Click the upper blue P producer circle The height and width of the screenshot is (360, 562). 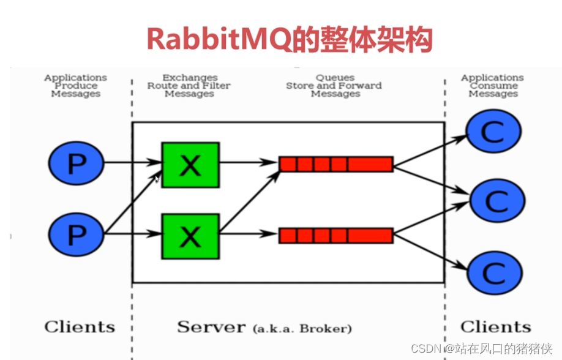(76, 163)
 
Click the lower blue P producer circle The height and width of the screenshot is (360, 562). (76, 234)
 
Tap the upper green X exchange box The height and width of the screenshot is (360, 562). (190, 164)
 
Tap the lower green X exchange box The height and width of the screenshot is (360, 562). (190, 234)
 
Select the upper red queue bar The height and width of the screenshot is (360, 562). (335, 163)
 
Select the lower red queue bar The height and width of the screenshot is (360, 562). (335, 235)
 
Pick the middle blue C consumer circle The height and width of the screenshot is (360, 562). (496, 200)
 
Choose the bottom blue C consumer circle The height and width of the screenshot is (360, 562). (495, 272)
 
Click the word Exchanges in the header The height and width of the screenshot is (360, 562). (190, 78)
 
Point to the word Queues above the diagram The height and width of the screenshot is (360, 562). (335, 78)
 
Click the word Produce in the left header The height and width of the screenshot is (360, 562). (76, 86)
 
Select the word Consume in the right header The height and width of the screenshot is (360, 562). (493, 86)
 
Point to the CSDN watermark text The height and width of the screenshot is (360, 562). (425, 348)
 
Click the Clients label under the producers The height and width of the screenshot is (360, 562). (80, 326)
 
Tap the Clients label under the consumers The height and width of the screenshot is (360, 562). (495, 326)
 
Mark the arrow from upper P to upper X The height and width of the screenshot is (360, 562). (132, 163)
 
